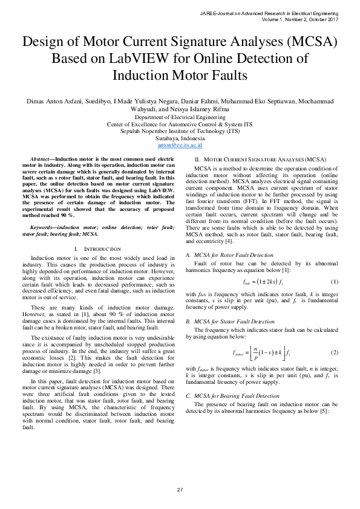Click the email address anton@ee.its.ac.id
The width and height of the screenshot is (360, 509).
[180, 146]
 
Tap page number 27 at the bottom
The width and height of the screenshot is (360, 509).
[180, 489]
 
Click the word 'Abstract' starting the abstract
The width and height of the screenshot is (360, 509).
[41, 157]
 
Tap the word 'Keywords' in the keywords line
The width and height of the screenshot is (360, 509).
[42, 225]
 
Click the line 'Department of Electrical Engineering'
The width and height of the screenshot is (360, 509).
[180, 117]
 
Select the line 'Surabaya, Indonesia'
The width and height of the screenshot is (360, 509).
[180, 138]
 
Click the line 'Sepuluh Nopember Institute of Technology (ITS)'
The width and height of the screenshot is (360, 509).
[180, 131]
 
